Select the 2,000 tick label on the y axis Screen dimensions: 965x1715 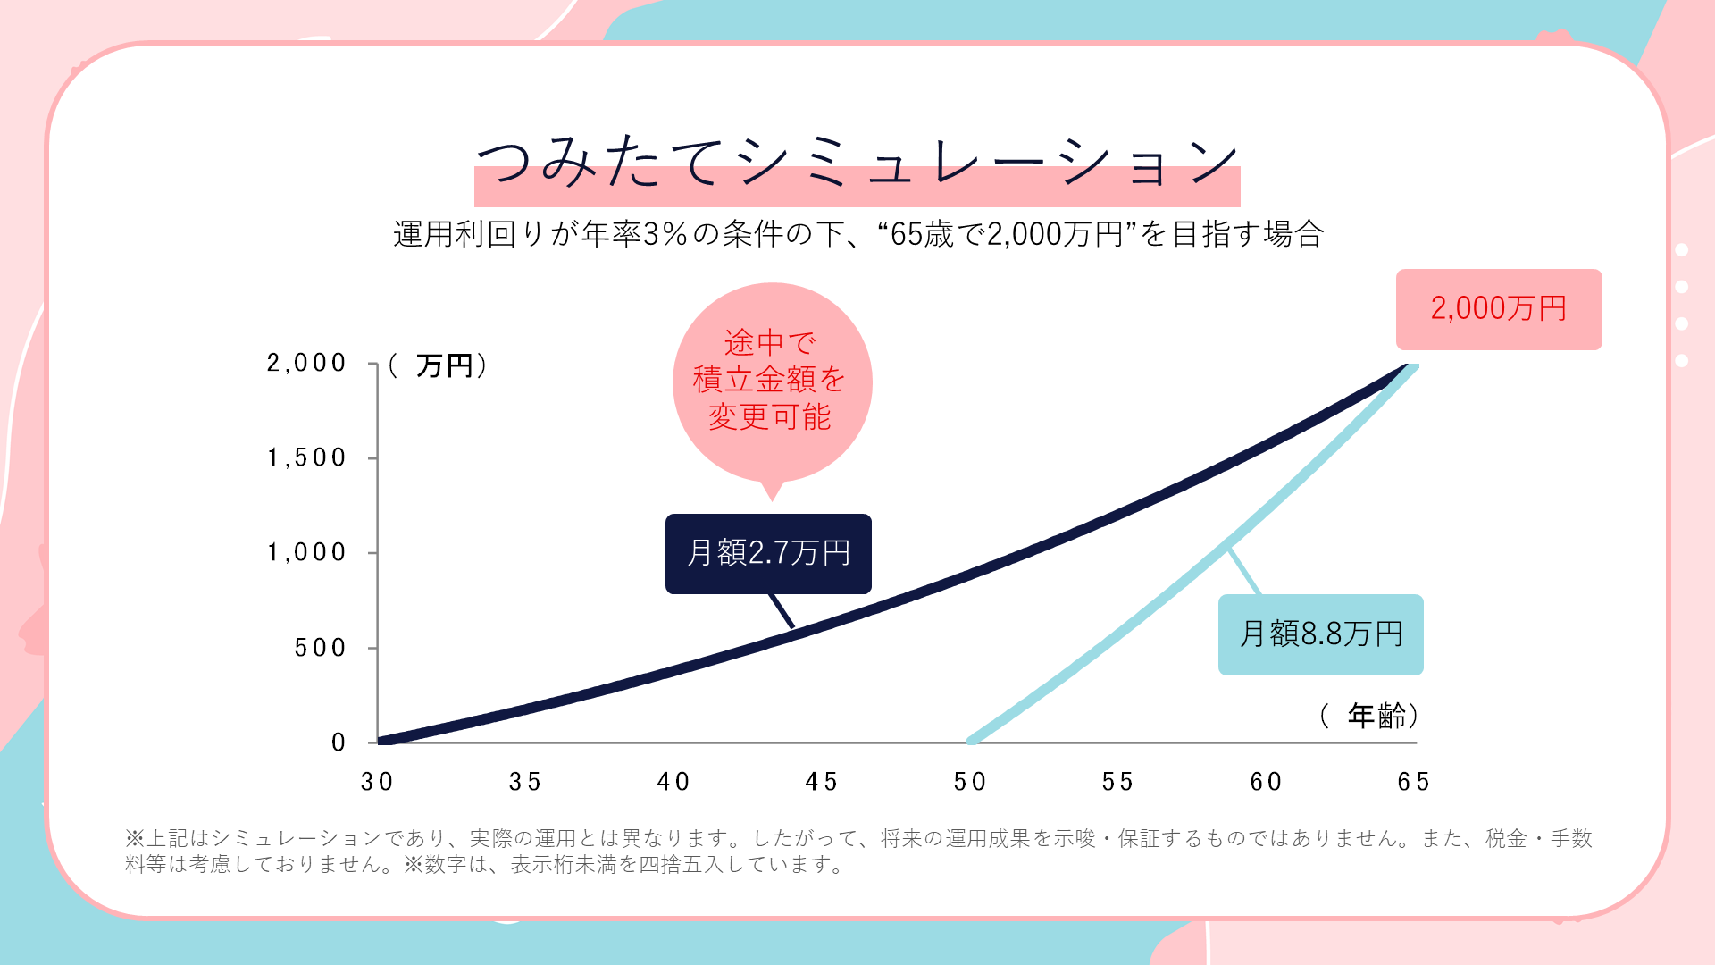click(x=305, y=363)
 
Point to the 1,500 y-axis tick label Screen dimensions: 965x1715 click(x=305, y=457)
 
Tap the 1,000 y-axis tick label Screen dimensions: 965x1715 click(x=305, y=552)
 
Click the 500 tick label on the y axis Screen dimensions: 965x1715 click(x=320, y=648)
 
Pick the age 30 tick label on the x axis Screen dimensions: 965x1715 click(x=377, y=782)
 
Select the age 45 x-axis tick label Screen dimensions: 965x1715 click(x=822, y=782)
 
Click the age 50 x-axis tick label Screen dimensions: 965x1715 click(x=970, y=782)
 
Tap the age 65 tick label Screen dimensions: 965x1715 click(x=1414, y=782)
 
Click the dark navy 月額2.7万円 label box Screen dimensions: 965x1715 click(x=768, y=553)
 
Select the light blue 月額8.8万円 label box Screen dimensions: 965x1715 click(x=1320, y=634)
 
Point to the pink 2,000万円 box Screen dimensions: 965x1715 click(x=1499, y=309)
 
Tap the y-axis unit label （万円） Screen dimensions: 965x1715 click(x=439, y=365)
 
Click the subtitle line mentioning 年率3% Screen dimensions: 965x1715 click(x=857, y=234)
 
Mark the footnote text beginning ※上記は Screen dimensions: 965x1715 click(x=857, y=851)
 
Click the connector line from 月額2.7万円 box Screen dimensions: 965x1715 click(x=782, y=611)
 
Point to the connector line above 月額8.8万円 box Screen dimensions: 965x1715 click(x=1244, y=573)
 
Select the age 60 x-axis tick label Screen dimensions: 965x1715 click(x=1266, y=782)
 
